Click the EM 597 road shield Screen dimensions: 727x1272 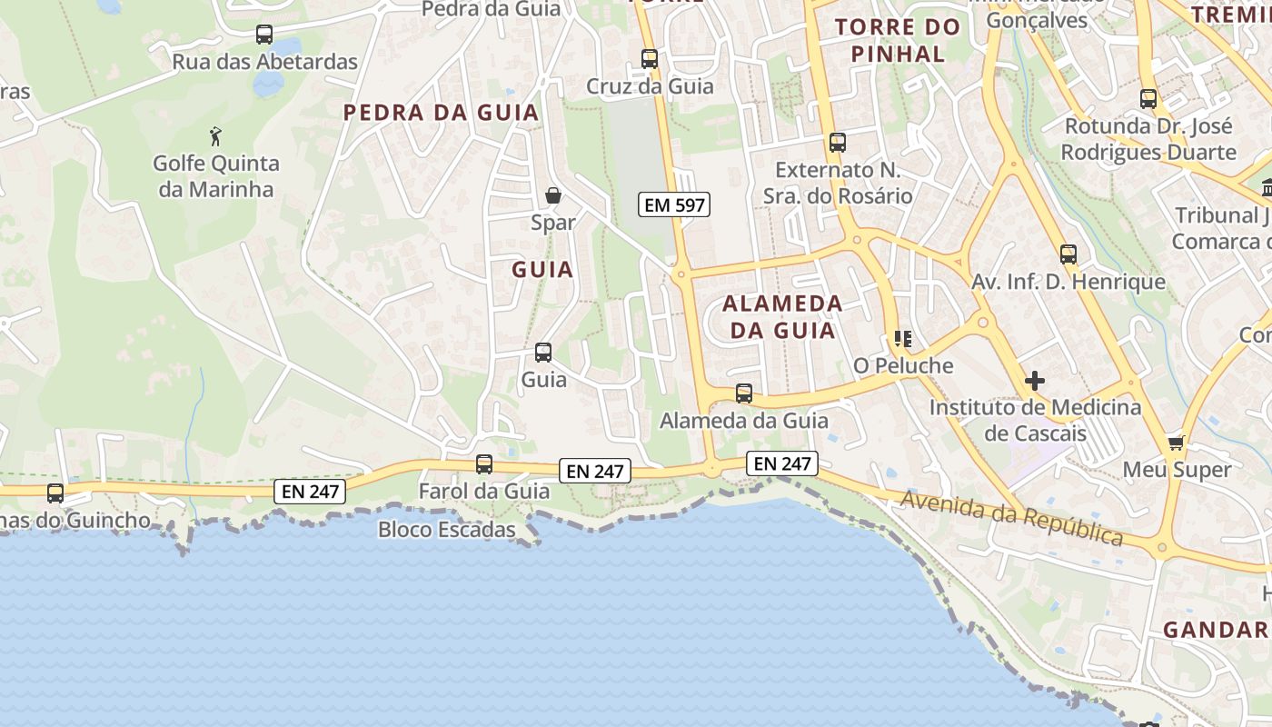673,205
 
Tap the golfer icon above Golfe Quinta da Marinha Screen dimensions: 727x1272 215,137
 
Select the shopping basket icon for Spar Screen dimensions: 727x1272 552,195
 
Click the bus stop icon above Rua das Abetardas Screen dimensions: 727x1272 264,35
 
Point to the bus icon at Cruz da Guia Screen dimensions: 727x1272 650,59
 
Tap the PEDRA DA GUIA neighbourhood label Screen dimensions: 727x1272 441,113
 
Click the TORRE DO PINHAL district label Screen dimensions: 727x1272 898,40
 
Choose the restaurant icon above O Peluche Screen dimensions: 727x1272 902,339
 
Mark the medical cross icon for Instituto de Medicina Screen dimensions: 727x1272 1034,381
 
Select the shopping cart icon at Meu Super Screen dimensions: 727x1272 1177,443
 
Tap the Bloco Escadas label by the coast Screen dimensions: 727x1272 447,530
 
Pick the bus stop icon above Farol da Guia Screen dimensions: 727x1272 484,464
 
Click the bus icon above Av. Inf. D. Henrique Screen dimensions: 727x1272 1068,254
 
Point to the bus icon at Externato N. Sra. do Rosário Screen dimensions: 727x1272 838,143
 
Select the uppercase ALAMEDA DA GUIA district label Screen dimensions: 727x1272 783,316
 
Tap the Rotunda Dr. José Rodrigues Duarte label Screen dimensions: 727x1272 1148,138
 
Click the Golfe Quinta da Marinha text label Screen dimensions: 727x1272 215,176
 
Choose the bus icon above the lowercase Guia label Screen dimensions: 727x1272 543,353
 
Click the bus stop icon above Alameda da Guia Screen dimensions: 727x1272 744,393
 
